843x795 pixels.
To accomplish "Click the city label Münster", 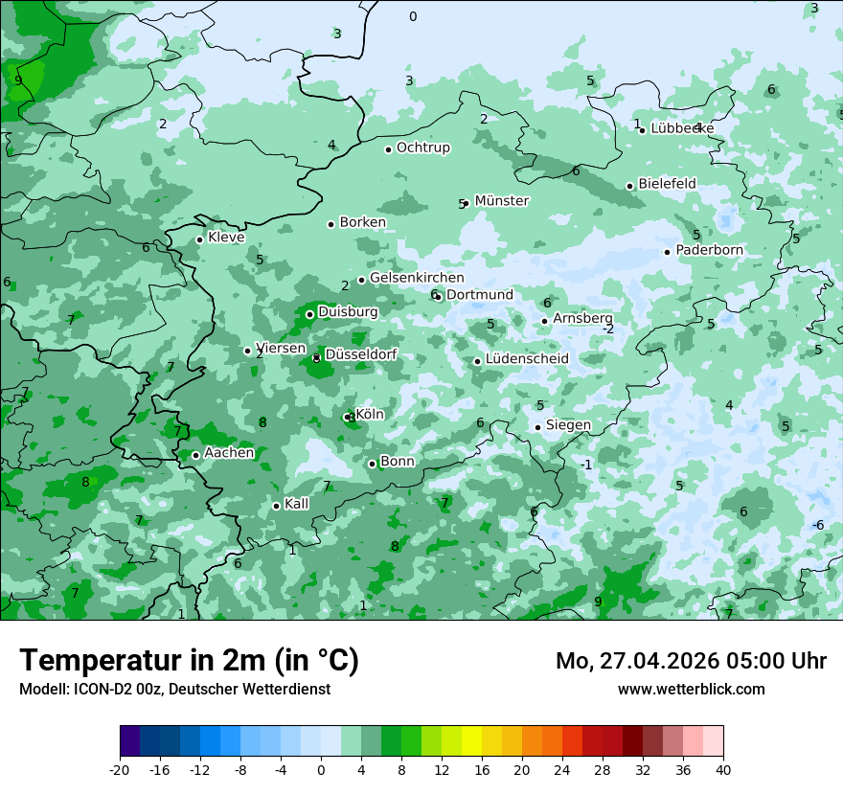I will click(x=501, y=201).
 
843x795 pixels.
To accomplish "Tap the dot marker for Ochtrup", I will click(x=389, y=149).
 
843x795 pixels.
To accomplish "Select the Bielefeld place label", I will click(x=667, y=184).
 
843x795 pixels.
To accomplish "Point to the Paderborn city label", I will click(x=709, y=251).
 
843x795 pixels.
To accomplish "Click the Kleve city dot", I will click(x=200, y=239).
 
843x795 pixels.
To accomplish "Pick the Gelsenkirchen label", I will click(x=417, y=278).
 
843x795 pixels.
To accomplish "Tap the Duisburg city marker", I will click(x=309, y=314).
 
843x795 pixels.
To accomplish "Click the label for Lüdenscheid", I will click(x=527, y=359).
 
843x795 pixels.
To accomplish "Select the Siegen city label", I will click(x=568, y=425).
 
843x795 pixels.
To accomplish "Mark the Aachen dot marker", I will click(x=195, y=455).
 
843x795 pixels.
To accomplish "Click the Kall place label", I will click(x=297, y=504).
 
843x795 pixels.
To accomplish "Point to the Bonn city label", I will click(x=398, y=462).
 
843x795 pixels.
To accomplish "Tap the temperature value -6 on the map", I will click(x=818, y=525).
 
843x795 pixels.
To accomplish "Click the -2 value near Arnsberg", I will click(x=607, y=329).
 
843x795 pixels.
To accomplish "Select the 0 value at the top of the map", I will click(x=413, y=16).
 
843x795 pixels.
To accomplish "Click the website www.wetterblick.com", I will click(x=691, y=690).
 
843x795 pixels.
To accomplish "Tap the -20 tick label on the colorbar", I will click(x=120, y=770).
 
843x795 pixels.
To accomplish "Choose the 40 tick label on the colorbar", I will click(x=722, y=770).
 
